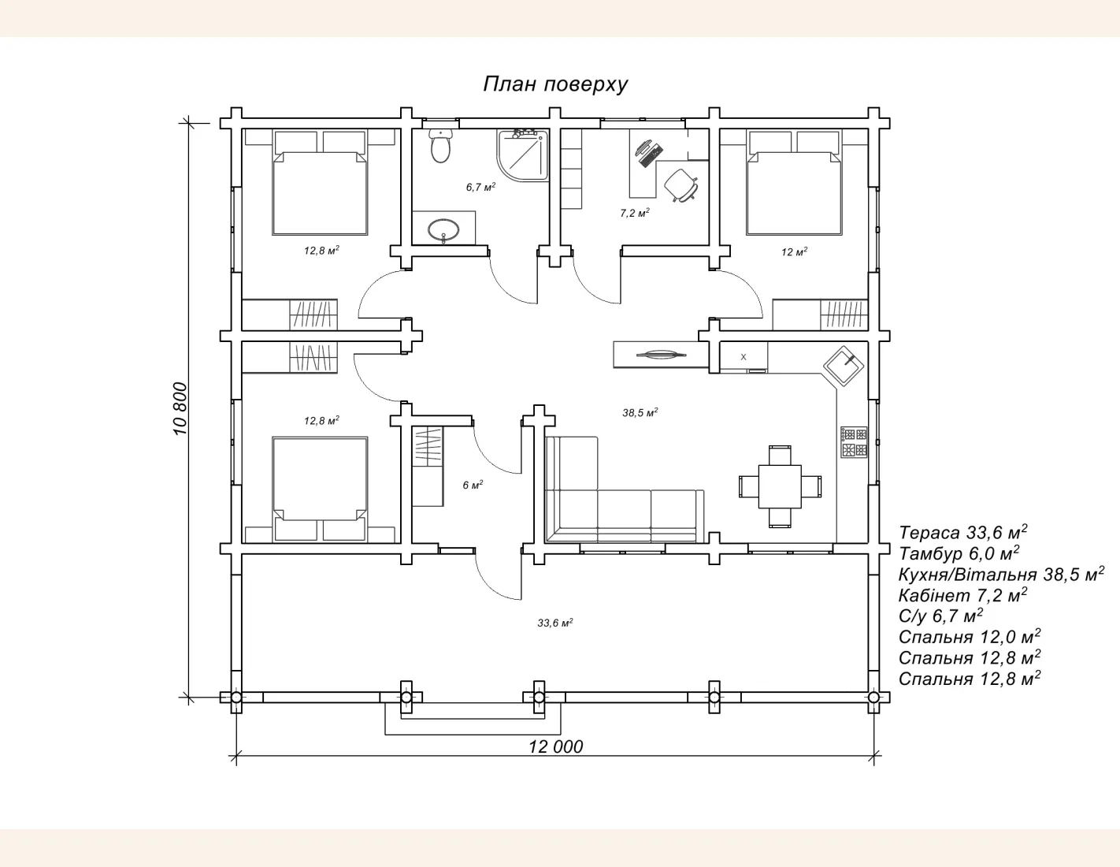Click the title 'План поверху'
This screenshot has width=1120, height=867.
pyautogui.click(x=555, y=84)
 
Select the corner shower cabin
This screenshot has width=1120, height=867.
pyautogui.click(x=522, y=154)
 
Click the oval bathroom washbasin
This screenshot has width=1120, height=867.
pyautogui.click(x=443, y=230)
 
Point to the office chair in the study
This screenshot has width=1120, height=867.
pyautogui.click(x=681, y=185)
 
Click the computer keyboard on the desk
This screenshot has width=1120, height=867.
pyautogui.click(x=651, y=156)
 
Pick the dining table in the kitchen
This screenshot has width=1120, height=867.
pyautogui.click(x=780, y=486)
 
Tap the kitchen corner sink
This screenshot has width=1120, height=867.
pyautogui.click(x=844, y=366)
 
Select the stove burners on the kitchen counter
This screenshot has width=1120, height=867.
pyautogui.click(x=854, y=442)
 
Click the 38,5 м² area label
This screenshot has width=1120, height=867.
pyautogui.click(x=640, y=412)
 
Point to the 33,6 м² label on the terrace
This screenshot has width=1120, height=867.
pyautogui.click(x=555, y=623)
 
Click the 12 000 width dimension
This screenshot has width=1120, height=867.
pyautogui.click(x=555, y=746)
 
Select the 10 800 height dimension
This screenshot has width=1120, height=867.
pyautogui.click(x=180, y=409)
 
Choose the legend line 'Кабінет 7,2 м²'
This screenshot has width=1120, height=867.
pyautogui.click(x=962, y=595)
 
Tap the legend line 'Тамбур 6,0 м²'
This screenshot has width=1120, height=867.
pyautogui.click(x=959, y=553)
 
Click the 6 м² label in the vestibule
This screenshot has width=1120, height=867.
pyautogui.click(x=473, y=486)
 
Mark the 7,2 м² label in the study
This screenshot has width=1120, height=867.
pyautogui.click(x=635, y=213)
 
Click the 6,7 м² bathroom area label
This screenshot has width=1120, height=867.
pyautogui.click(x=481, y=187)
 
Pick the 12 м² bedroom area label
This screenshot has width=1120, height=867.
pyautogui.click(x=794, y=251)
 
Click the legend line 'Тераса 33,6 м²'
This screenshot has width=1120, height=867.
pyautogui.click(x=962, y=532)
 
